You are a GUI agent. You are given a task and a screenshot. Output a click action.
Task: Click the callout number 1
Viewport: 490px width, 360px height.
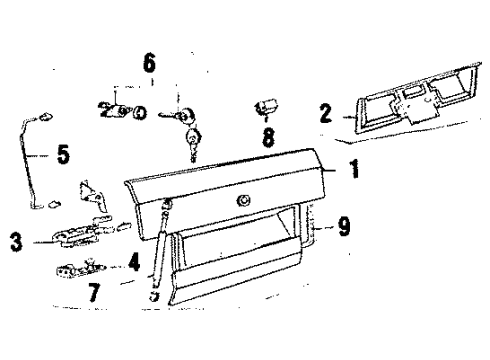pos(354,168)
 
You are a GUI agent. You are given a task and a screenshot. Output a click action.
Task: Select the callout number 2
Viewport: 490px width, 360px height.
pos(326,113)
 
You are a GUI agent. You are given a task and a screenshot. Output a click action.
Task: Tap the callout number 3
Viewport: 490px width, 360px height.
pos(16,242)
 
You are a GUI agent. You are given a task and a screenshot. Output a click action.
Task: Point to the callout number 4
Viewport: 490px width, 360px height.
pos(134,262)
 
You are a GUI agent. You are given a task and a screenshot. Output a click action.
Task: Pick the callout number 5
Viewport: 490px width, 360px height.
pos(63,154)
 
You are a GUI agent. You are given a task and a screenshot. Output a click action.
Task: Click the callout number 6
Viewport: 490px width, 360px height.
pos(149,63)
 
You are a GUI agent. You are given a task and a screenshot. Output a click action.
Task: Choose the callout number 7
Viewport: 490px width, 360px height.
pos(94,292)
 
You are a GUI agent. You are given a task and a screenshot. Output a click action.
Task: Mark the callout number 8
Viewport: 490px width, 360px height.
pos(269,137)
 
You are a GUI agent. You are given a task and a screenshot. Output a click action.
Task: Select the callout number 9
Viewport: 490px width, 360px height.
pos(344,226)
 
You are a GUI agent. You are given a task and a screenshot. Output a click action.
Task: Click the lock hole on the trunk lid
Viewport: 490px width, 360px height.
pos(244,201)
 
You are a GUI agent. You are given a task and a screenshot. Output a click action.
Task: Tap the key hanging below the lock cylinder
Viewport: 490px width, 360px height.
pos(194,144)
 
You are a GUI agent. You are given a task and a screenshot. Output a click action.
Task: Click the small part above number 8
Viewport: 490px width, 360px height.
pos(266,107)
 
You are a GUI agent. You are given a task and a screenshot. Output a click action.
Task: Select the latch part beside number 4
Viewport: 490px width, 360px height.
pos(81,269)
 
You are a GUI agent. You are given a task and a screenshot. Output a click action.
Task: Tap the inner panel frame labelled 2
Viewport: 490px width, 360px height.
pos(417,100)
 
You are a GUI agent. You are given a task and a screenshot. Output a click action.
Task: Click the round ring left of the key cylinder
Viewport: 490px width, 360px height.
pos(140,113)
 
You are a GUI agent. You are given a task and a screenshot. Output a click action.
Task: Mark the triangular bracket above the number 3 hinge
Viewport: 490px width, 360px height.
pos(93,196)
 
